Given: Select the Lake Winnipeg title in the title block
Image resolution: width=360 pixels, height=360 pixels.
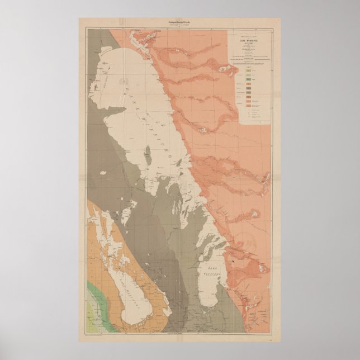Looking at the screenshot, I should (x=254, y=41).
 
